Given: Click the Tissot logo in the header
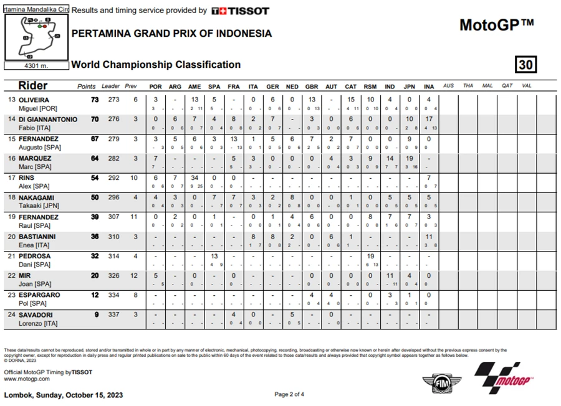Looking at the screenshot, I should coord(240,11).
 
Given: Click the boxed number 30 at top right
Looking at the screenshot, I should coord(526,65).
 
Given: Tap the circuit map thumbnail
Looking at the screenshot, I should coord(36,36).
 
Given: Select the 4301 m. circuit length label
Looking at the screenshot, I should coord(36,65).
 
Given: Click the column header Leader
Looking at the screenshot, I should coord(111,86).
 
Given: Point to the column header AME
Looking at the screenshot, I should coord(194,86).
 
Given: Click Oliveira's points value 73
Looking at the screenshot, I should coord(95,100).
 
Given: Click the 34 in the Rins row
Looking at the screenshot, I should coord(194,178).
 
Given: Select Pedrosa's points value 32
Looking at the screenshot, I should coord(95,256).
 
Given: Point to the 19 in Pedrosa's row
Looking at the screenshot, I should coord(370,256).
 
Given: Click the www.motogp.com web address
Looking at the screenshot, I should coord(27,379).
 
